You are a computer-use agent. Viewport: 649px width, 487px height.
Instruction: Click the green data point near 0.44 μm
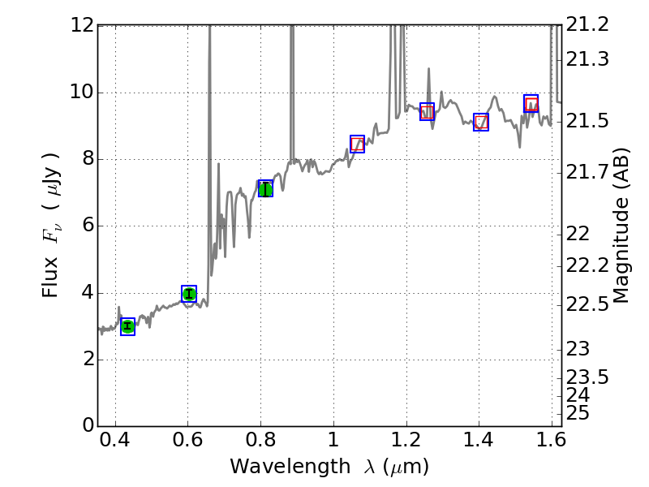coord(127,326)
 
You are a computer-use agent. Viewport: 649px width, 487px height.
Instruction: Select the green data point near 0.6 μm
coord(189,294)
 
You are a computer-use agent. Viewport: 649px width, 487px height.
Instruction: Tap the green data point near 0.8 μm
coord(265,188)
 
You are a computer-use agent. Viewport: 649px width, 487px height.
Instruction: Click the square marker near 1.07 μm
coord(357,144)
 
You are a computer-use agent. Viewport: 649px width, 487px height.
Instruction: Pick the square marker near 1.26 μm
coord(428,112)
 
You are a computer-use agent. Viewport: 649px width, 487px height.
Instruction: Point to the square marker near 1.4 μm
coord(481,122)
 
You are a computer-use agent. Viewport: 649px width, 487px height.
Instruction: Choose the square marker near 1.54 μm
coord(531,103)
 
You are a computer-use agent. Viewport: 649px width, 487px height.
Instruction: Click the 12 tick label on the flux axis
coord(80,25)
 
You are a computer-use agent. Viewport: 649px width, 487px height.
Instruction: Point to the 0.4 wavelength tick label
coord(115,445)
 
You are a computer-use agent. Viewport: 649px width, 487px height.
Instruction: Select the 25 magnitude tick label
coord(581,413)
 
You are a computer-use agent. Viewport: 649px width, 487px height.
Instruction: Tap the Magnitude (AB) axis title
coord(622,225)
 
